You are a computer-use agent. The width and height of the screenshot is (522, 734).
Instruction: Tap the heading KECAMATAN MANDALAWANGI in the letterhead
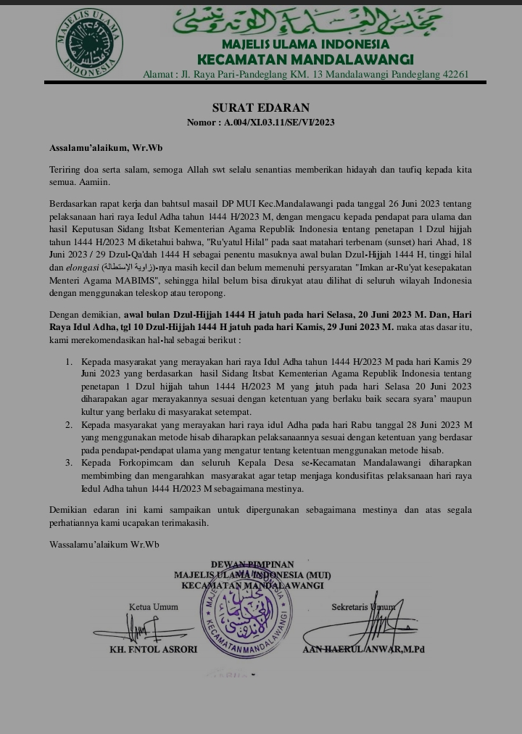[305, 59]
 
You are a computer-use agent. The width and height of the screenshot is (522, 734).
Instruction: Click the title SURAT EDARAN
[261, 108]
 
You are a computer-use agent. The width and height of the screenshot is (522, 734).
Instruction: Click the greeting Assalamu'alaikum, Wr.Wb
[106, 147]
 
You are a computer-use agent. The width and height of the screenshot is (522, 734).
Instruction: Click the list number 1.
[70, 361]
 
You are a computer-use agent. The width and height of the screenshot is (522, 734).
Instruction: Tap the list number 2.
[70, 424]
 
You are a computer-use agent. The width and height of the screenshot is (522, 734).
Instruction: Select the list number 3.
[70, 463]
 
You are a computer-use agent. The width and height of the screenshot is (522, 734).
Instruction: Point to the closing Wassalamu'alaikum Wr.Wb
[104, 544]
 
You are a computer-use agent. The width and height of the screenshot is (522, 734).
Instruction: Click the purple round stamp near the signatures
[246, 609]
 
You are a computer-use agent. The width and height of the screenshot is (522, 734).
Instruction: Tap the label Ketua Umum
[153, 606]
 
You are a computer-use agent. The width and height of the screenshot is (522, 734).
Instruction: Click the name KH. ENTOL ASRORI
[153, 649]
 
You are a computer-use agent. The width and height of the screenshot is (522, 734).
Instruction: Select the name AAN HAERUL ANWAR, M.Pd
[363, 649]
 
